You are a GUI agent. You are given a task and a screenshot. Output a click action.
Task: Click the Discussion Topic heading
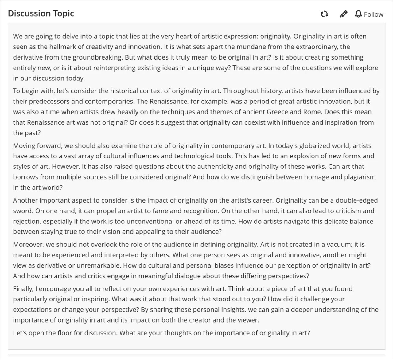(41, 14)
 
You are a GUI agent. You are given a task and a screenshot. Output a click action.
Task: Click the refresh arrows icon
(324, 14)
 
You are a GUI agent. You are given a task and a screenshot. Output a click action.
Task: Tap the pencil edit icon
(344, 14)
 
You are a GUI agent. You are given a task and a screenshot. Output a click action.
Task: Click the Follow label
(373, 14)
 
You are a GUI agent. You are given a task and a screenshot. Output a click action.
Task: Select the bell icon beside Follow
(358, 14)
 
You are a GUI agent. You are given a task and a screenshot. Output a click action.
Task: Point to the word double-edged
(356, 200)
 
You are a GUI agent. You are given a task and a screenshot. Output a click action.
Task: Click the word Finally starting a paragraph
(23, 289)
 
